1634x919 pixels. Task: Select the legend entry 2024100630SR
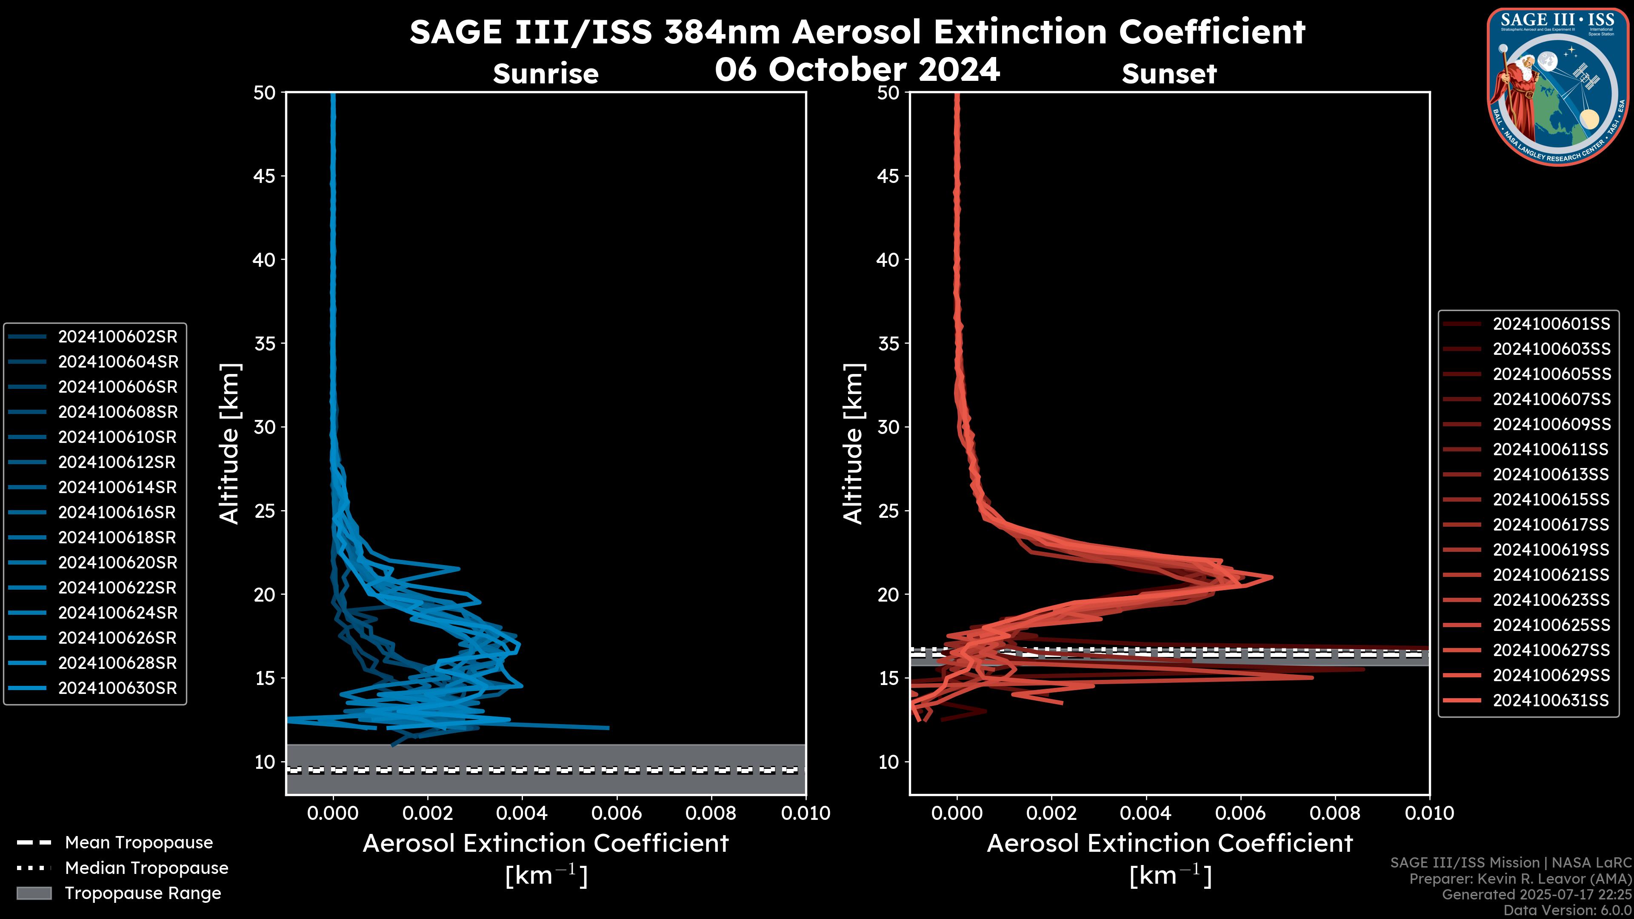117,688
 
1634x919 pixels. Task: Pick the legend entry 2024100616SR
117,512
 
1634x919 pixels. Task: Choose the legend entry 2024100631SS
1551,700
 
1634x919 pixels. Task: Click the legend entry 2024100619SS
1551,550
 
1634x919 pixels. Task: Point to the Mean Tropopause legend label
139,843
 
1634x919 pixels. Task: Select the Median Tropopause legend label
146,868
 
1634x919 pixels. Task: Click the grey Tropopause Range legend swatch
34,893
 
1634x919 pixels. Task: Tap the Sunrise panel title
546,74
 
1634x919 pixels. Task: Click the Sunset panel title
1169,74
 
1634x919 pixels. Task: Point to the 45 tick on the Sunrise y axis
265,176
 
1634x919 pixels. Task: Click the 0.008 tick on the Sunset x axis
1335,813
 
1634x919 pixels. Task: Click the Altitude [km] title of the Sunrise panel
229,443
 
